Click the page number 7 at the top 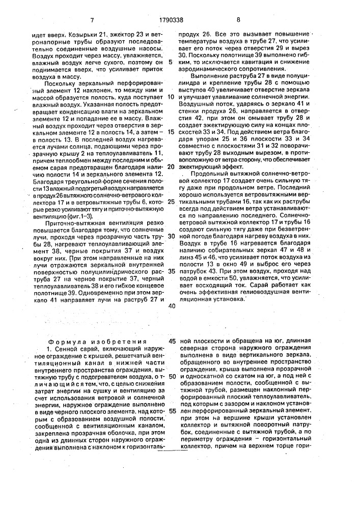(x=92, y=20)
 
